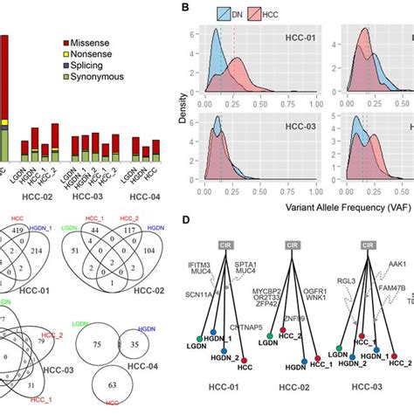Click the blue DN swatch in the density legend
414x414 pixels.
click(x=213, y=15)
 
